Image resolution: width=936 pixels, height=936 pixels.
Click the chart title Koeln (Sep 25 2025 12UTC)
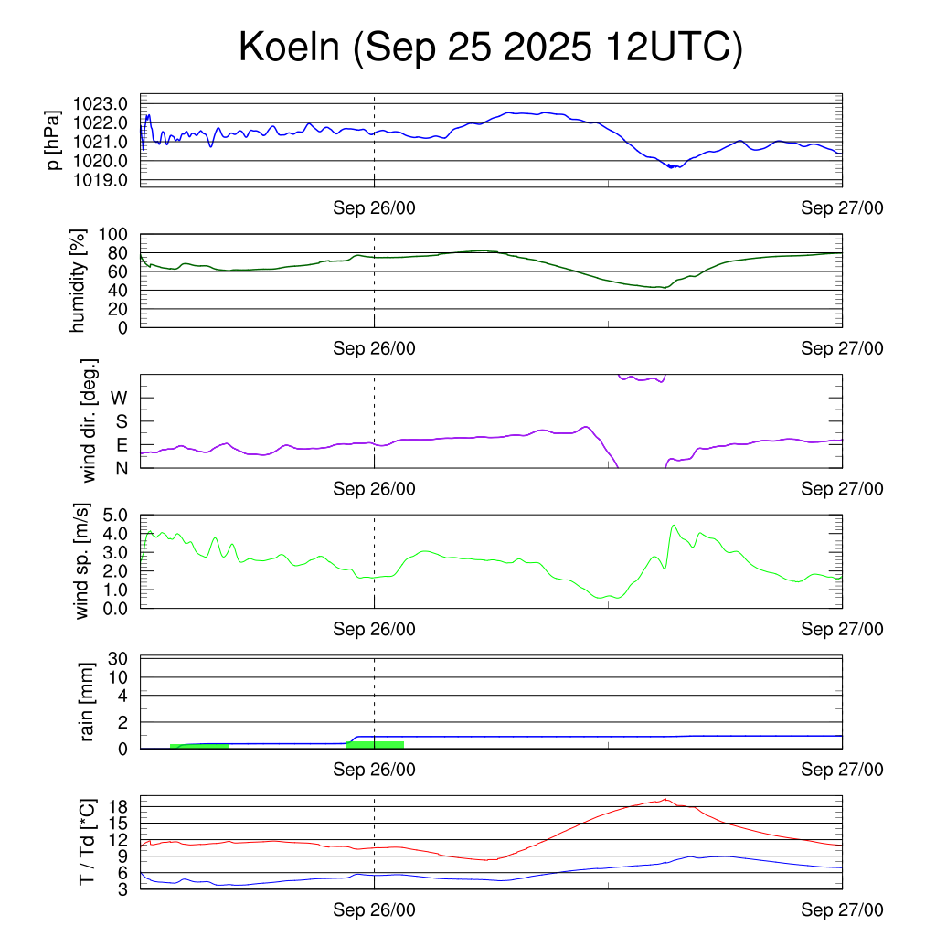click(x=490, y=48)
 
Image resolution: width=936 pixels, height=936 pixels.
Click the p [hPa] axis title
click(x=55, y=140)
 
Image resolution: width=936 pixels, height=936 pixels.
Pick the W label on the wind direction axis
click(x=119, y=398)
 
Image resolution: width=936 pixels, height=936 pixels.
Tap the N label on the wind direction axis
click(x=120, y=467)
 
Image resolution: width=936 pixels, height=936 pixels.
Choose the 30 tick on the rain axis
click(x=118, y=658)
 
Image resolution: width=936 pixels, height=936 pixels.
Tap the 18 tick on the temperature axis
click(x=118, y=806)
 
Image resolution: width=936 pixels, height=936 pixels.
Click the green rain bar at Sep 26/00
click(x=375, y=745)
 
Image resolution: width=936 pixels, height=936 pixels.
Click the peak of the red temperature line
click(x=665, y=799)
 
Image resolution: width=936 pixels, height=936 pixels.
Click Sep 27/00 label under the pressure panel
click(x=842, y=208)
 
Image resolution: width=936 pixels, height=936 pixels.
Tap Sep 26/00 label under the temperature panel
click(x=374, y=909)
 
